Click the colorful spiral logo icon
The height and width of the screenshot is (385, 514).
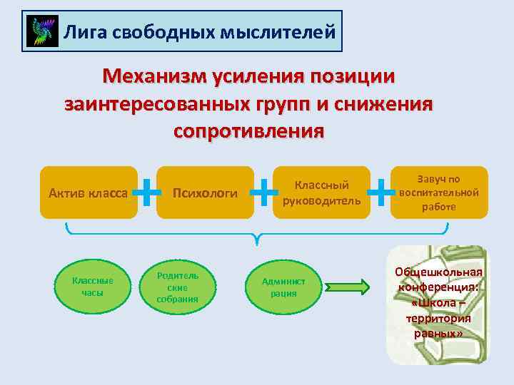point(42,31)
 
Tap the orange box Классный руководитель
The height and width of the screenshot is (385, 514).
point(322,192)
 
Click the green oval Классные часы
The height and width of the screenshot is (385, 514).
point(93,286)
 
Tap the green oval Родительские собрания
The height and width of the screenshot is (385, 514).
point(177,286)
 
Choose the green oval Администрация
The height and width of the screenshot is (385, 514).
point(283,286)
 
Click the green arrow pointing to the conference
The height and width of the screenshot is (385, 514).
point(348,287)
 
